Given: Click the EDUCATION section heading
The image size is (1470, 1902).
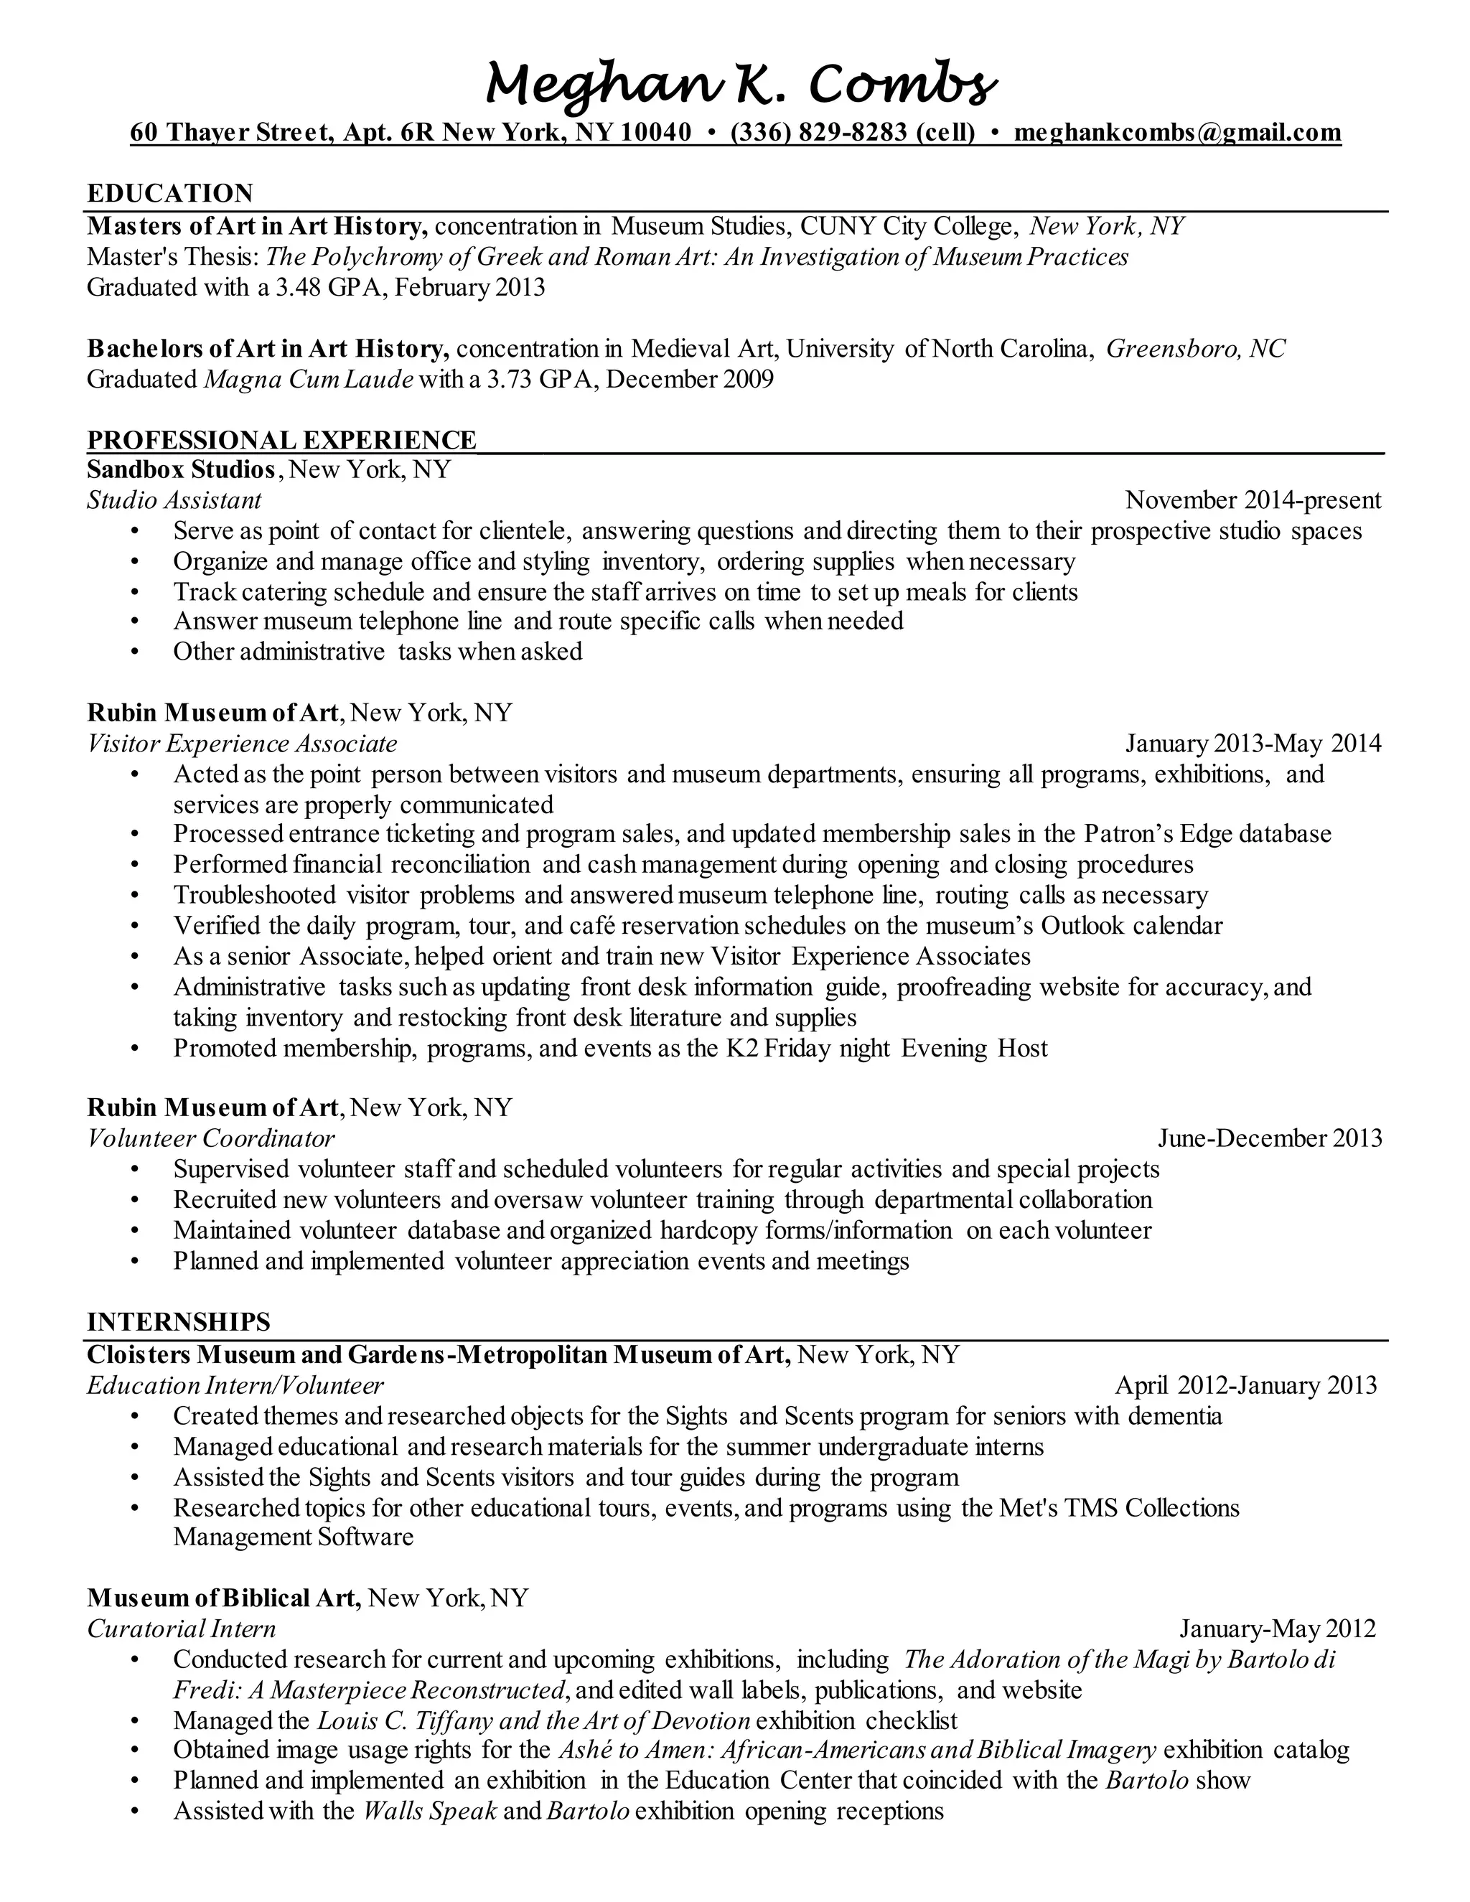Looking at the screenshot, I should click(170, 192).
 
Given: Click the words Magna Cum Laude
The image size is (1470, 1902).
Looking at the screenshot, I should click(307, 379).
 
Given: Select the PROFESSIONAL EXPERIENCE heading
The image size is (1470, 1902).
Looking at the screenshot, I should click(281, 439).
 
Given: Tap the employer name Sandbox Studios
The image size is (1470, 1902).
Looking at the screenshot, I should click(181, 469).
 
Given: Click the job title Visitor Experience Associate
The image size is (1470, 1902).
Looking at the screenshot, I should click(242, 743).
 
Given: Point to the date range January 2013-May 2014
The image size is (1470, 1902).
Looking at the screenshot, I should click(1253, 743).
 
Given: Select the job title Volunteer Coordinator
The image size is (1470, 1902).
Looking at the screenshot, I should click(211, 1138).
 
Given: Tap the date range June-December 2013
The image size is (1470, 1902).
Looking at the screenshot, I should click(1269, 1138).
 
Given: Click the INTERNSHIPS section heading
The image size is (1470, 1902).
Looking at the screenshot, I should click(179, 1322).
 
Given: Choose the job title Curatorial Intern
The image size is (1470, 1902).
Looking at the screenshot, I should click(181, 1629).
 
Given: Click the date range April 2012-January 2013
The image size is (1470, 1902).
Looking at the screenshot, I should click(1245, 1385).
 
